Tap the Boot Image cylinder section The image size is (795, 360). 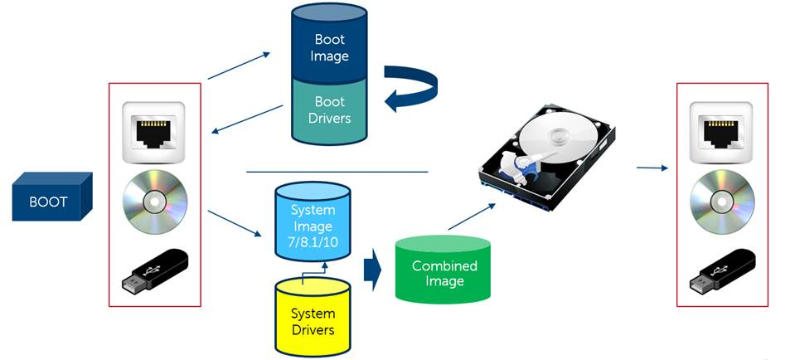(x=330, y=48)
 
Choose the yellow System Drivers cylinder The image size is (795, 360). (x=313, y=319)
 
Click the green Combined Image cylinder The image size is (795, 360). (x=444, y=272)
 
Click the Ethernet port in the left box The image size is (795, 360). (x=155, y=132)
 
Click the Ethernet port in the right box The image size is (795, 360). (x=722, y=132)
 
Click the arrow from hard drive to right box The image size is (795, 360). (x=652, y=168)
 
